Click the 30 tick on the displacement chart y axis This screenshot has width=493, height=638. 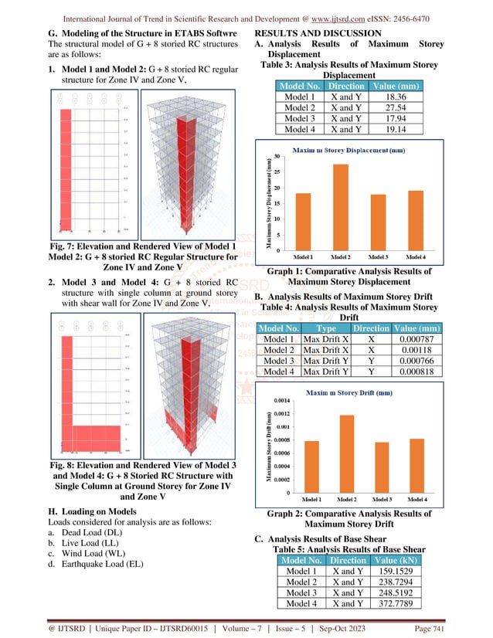[x=277, y=158]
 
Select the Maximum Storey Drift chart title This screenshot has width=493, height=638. [x=352, y=393]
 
